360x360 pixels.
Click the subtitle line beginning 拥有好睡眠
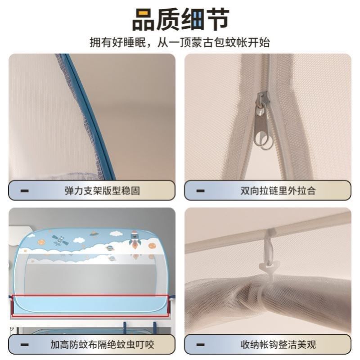point(180,43)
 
